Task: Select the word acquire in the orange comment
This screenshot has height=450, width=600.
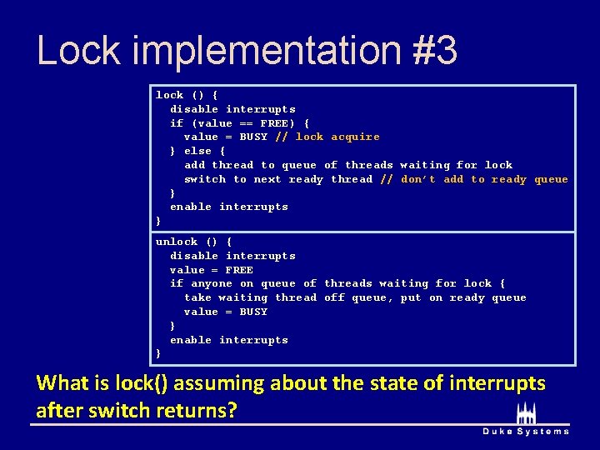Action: click(x=355, y=137)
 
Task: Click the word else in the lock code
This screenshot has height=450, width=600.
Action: click(x=197, y=151)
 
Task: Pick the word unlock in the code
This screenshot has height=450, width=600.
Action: click(x=177, y=242)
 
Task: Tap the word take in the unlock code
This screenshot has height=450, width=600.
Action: click(x=197, y=297)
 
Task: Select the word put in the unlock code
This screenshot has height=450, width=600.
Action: click(x=411, y=297)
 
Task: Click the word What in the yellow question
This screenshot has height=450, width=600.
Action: click(x=62, y=383)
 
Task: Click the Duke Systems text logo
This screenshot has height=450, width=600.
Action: click(x=526, y=431)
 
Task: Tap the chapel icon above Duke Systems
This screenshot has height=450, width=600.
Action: click(x=526, y=412)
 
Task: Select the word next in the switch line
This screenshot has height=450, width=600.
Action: click(x=267, y=179)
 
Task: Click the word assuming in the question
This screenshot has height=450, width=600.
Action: click(x=220, y=383)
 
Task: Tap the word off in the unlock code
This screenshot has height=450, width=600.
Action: click(x=334, y=297)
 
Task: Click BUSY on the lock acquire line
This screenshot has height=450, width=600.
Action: click(x=253, y=137)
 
